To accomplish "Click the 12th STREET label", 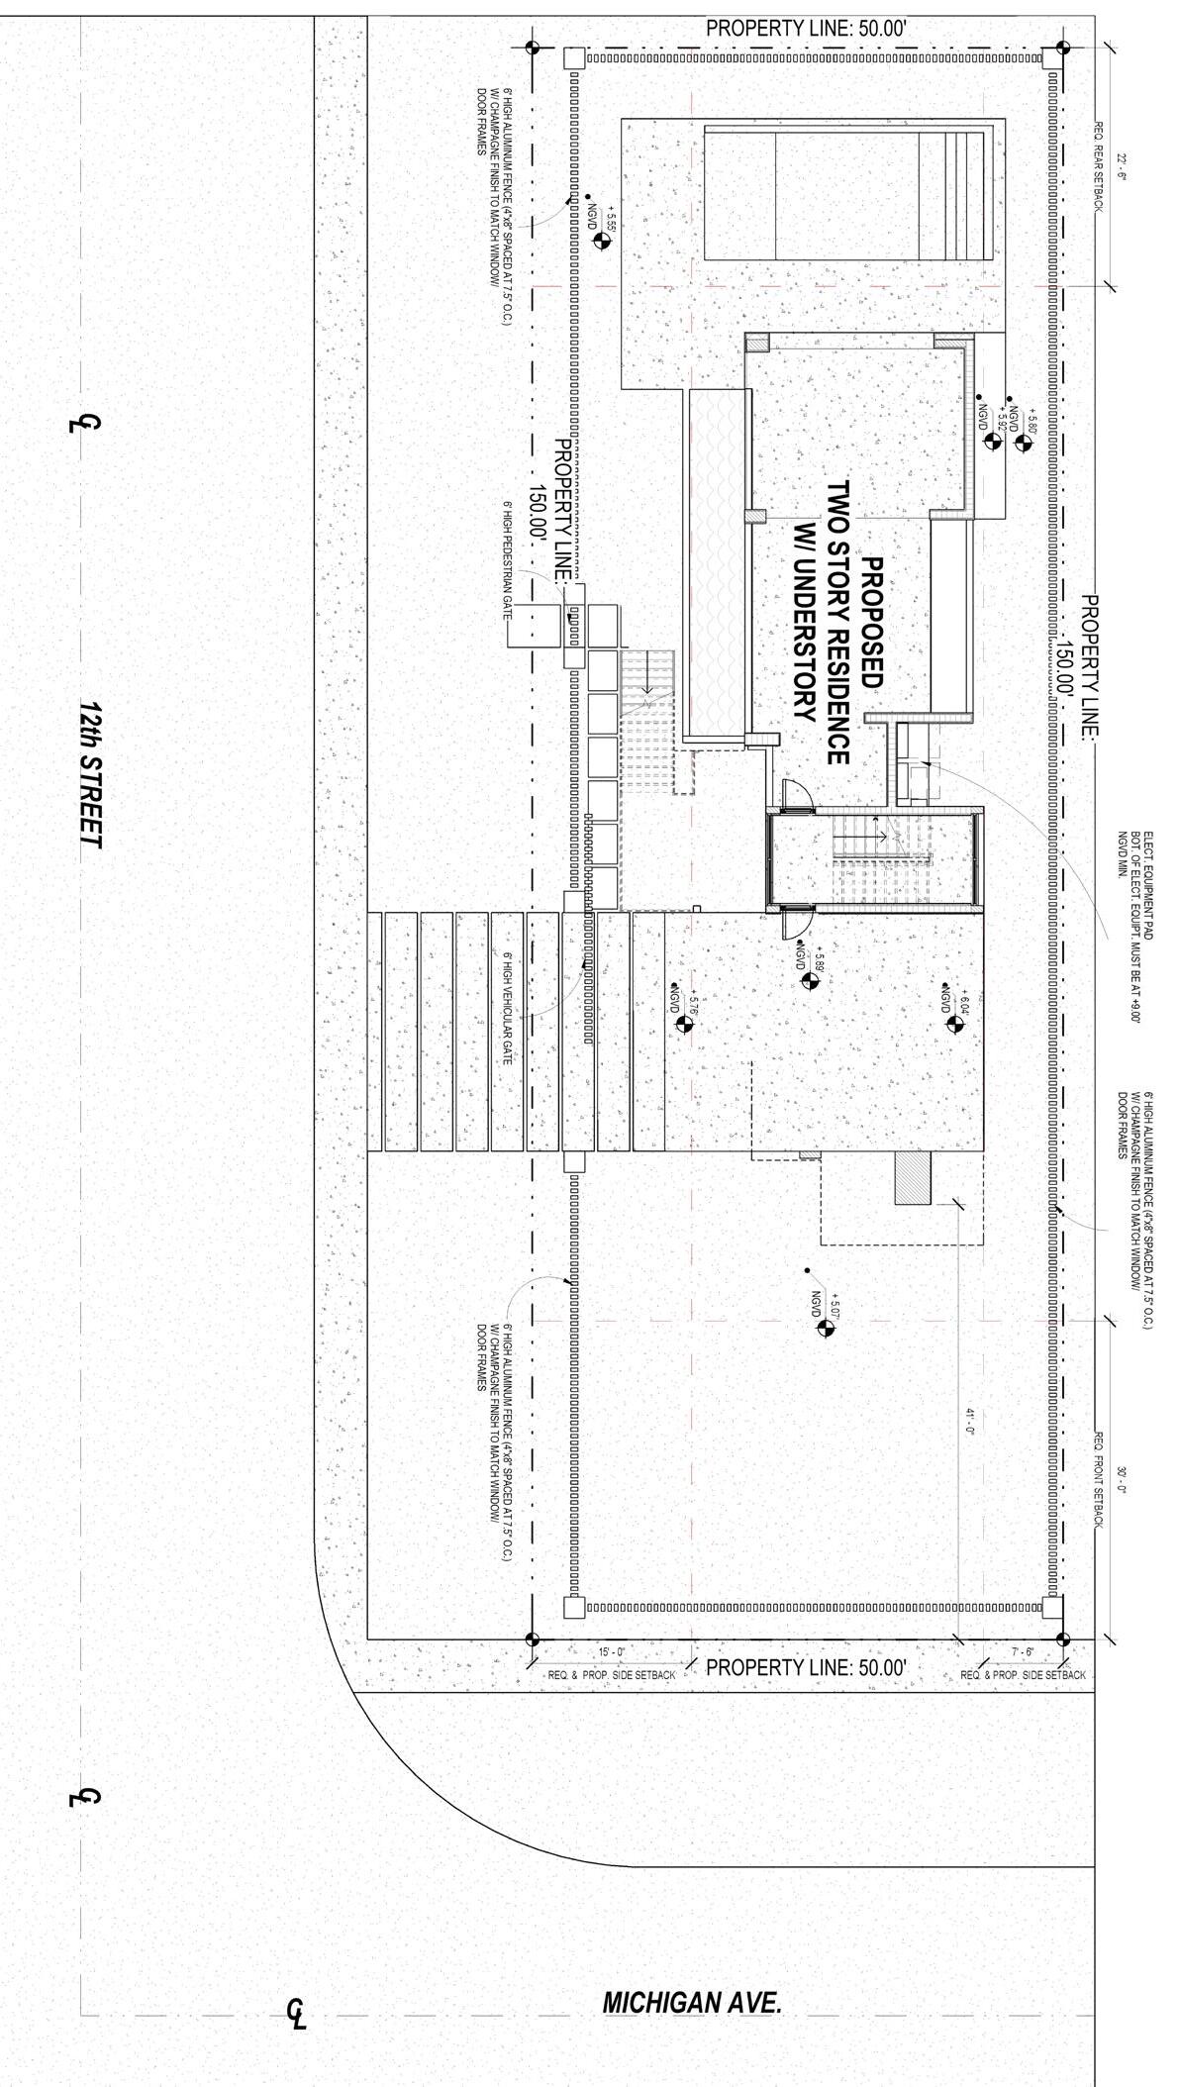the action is click(x=91, y=775).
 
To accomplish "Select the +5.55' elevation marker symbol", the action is click(x=600, y=241).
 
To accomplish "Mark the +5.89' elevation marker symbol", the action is click(x=810, y=981).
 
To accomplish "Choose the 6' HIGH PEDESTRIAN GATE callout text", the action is click(x=506, y=558).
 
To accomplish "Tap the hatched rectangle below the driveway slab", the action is click(x=913, y=1178).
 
